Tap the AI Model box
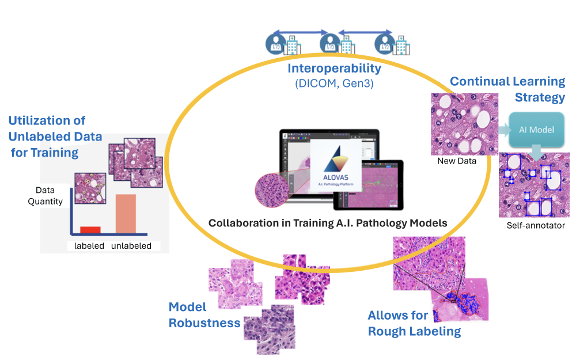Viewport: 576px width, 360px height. (537, 130)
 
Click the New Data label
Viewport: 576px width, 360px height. (457, 161)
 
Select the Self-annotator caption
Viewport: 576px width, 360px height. (536, 225)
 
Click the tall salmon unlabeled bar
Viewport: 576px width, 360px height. (126, 214)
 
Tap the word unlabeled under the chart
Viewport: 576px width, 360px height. (131, 246)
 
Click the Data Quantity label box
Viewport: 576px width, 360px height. (45, 196)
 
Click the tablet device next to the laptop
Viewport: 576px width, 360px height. (369, 185)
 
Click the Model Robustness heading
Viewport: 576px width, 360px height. (204, 315)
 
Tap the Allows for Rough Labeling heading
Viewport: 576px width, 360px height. (414, 323)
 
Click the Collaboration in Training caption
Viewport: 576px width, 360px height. (327, 223)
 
